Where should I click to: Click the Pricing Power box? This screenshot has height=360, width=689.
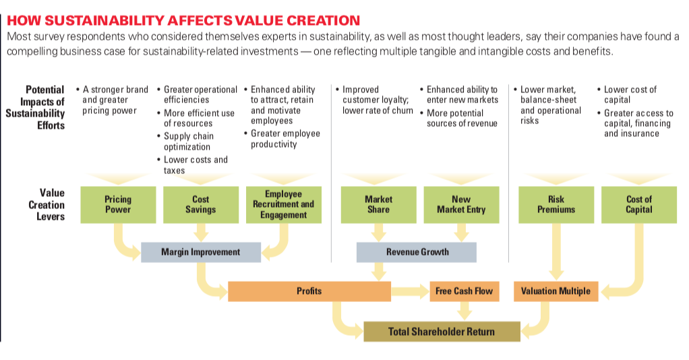118,204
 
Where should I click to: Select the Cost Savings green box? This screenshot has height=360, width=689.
201,204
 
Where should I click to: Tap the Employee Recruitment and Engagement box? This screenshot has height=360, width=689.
284,204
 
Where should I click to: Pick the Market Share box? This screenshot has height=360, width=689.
379,204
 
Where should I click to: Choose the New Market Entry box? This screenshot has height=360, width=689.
461,204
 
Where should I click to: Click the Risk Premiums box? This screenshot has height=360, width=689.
556,204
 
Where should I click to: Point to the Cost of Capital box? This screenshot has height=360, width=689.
639,204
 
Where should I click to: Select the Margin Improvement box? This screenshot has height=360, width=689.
201,252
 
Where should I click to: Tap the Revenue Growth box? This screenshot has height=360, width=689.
417,252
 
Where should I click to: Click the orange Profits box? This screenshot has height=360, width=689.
309,291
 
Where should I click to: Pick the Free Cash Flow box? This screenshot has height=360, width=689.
465,291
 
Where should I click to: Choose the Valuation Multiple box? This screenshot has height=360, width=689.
556,291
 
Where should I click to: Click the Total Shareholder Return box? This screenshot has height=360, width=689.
442,332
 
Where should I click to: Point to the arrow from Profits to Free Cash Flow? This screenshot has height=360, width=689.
411,291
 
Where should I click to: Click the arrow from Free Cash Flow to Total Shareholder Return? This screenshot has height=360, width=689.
465,311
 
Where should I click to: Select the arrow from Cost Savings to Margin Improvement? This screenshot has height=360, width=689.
201,233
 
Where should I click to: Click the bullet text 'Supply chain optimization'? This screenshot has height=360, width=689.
189,142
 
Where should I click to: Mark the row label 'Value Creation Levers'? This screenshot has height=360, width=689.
47,204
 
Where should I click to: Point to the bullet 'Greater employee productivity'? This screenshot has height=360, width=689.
286,139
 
